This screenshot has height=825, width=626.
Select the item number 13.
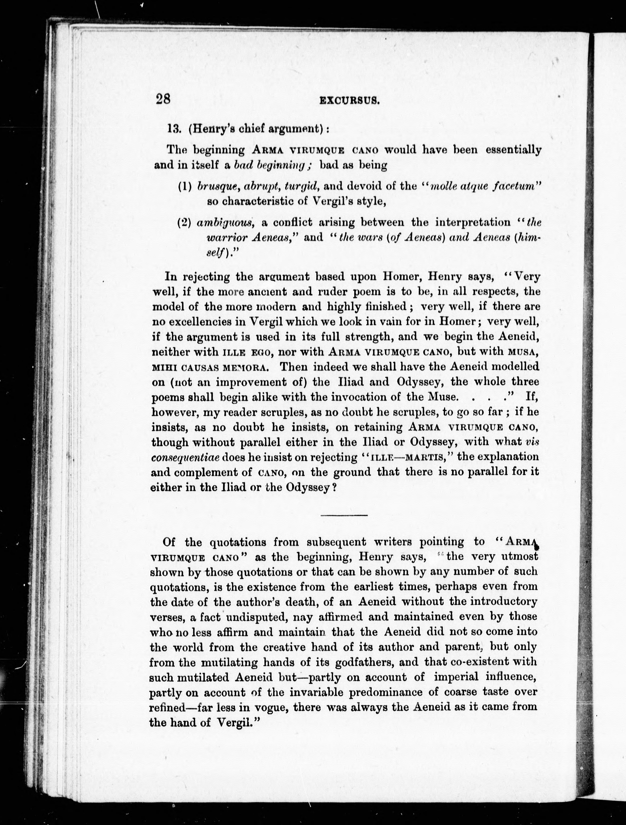(x=174, y=129)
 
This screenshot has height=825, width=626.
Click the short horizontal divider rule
(x=344, y=515)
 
